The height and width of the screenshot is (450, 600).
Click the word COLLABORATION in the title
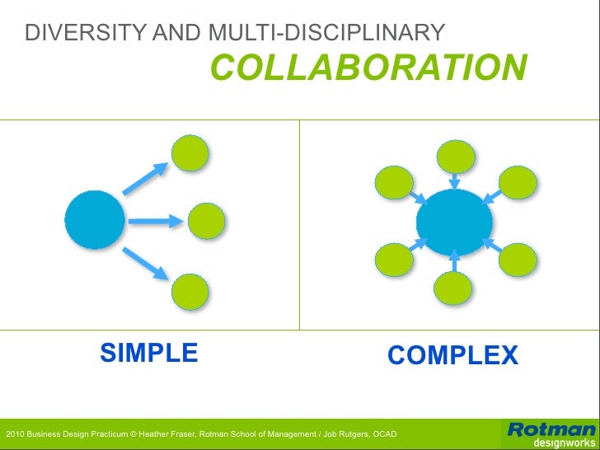[x=368, y=68]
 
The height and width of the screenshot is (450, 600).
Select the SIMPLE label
[x=149, y=353]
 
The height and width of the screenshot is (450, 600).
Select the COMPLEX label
[x=452, y=355]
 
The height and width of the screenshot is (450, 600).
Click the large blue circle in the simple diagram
[x=95, y=220]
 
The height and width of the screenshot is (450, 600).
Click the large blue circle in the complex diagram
[x=454, y=221]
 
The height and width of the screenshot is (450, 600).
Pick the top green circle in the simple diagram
[x=190, y=152]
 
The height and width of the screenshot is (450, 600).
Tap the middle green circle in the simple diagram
[x=207, y=220]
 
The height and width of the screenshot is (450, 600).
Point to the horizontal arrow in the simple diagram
[x=154, y=220]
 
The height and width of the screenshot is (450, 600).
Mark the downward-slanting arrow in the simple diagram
[x=149, y=264]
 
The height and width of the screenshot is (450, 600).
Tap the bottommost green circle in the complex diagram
[x=453, y=288]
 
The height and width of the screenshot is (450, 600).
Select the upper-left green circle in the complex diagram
[x=394, y=182]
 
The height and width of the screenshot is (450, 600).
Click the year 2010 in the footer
[x=14, y=434]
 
